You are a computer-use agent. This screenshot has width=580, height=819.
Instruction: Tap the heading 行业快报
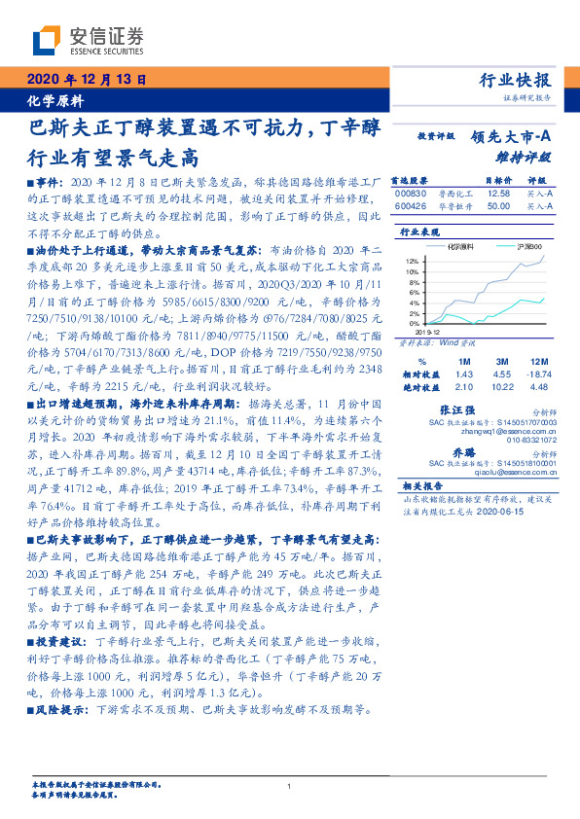pos(517,81)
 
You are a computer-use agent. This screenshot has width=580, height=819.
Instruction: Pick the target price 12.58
pos(497,193)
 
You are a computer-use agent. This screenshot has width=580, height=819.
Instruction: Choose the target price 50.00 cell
pos(497,206)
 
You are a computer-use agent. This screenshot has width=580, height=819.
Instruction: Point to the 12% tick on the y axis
pos(412,262)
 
